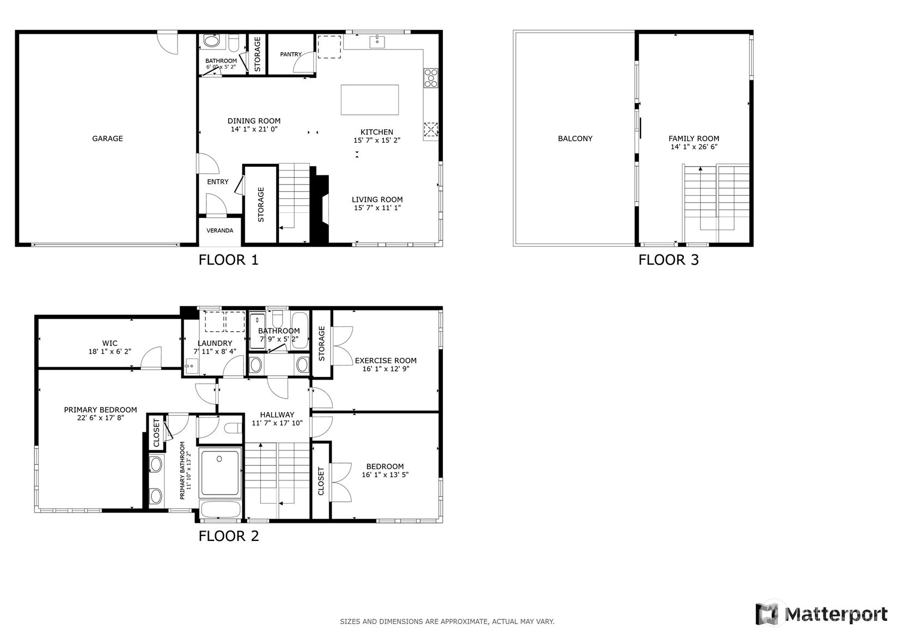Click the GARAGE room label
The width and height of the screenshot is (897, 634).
point(107,138)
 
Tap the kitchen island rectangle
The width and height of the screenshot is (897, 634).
point(370,100)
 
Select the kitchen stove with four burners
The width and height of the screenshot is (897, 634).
point(431,78)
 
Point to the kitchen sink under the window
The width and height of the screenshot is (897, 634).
point(377,41)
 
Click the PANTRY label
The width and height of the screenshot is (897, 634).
point(291,54)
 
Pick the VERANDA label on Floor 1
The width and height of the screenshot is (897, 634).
point(219,231)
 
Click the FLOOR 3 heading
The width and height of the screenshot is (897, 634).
point(668,260)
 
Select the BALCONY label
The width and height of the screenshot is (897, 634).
point(575,138)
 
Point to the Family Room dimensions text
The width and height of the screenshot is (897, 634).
point(694,147)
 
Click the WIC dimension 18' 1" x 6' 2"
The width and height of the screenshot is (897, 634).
point(109,352)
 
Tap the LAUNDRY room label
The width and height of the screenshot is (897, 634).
point(215,343)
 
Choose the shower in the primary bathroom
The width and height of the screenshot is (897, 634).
point(220,473)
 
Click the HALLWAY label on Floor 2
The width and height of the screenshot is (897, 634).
point(277,415)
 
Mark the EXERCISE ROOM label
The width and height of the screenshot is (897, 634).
point(386,361)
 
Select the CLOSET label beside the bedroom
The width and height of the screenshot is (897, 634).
point(321,481)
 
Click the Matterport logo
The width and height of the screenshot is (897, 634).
point(821,614)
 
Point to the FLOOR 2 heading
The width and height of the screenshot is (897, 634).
point(229,536)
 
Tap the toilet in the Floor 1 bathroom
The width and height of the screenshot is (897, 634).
point(234,41)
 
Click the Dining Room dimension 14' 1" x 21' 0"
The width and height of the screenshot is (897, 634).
point(254,130)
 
